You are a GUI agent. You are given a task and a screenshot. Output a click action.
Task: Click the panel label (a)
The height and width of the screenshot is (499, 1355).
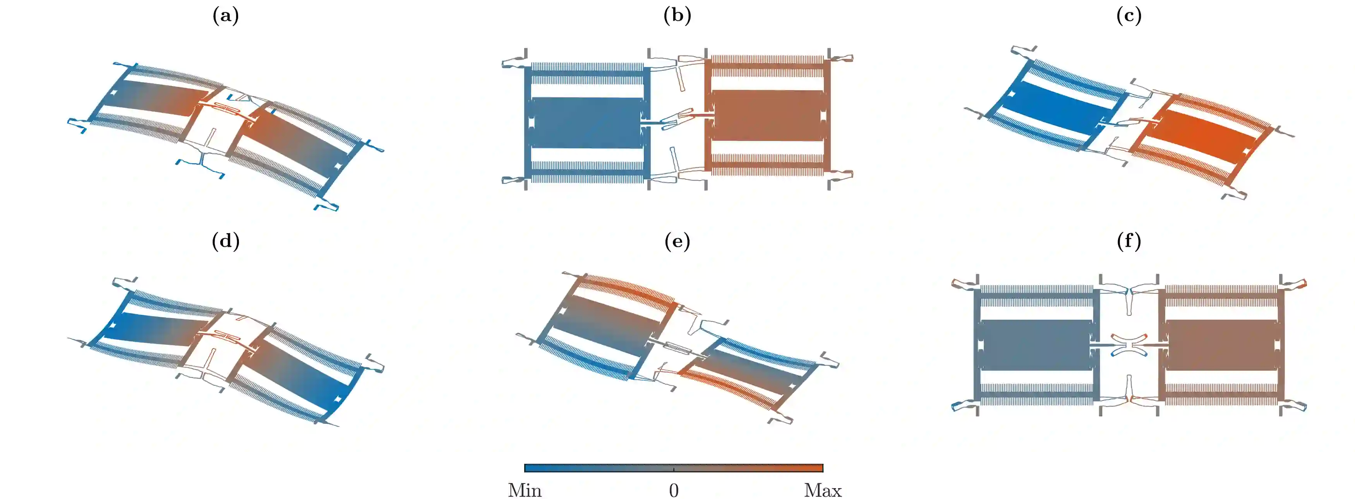point(226,16)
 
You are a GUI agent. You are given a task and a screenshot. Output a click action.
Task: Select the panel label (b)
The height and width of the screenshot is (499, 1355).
point(677,16)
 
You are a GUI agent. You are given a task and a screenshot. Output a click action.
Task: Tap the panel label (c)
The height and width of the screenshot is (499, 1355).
point(1129,16)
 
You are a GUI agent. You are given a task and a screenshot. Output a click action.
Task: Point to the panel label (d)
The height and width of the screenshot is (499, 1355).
point(226,242)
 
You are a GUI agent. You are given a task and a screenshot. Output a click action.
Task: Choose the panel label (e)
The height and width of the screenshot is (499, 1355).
point(677,242)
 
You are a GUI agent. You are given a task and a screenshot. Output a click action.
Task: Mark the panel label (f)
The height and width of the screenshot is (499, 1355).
point(1129,242)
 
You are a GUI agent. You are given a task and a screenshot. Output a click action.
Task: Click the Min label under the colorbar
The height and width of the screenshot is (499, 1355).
point(525,490)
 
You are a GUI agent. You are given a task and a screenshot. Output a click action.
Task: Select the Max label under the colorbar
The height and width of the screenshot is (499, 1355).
point(823,490)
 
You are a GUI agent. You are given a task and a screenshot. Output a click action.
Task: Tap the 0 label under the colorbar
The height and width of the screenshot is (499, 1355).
point(674,490)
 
